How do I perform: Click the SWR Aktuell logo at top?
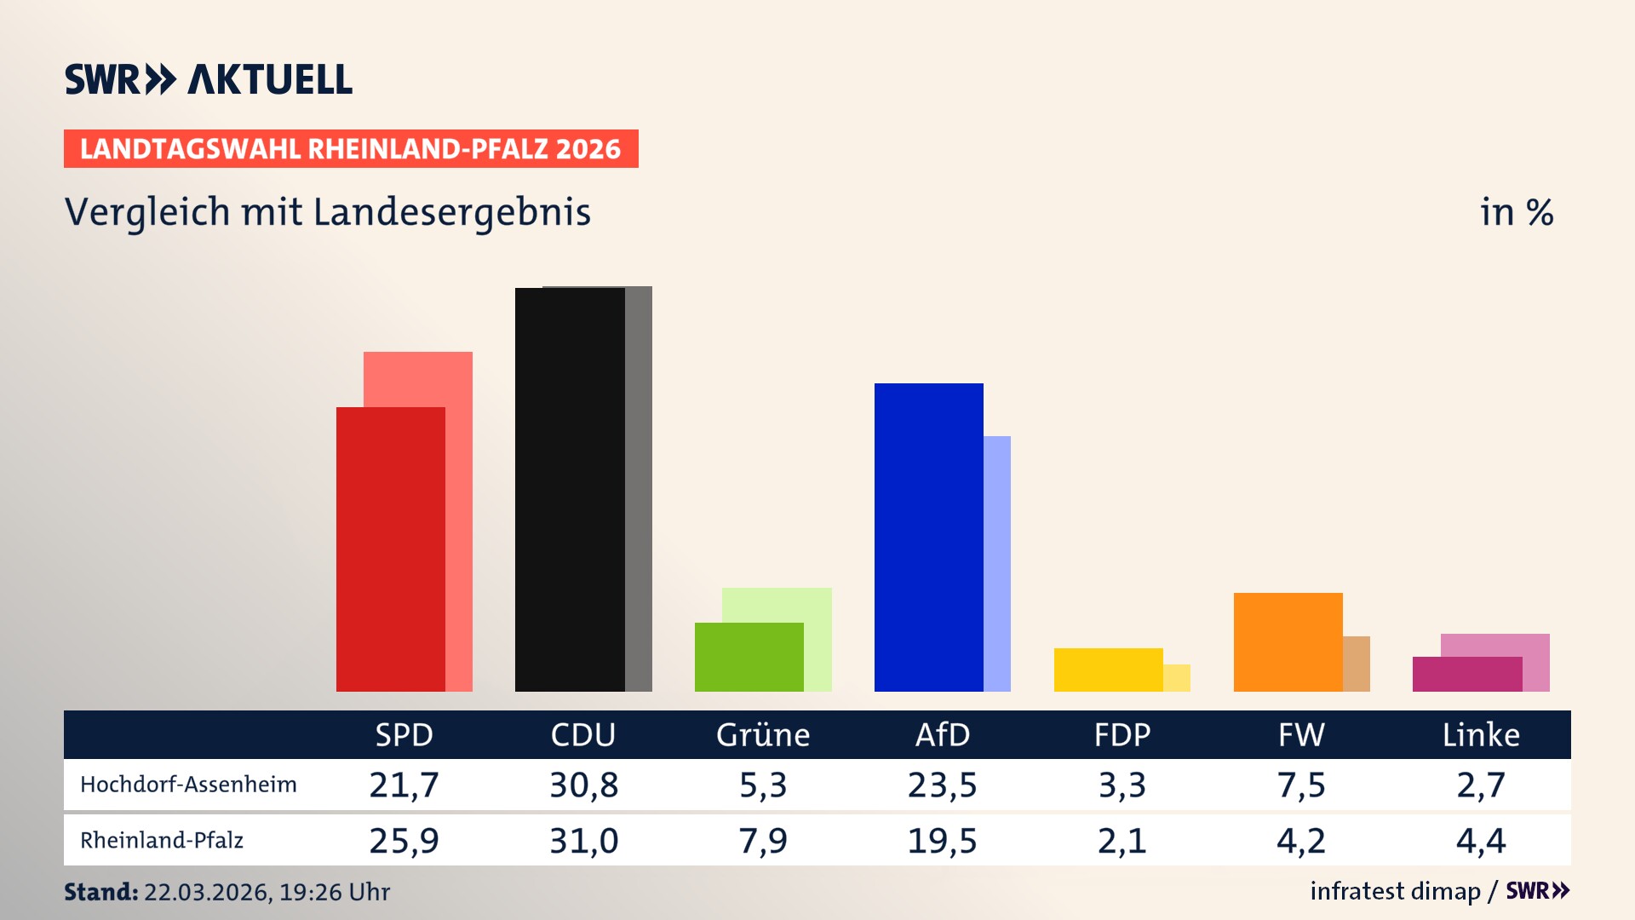[x=208, y=79]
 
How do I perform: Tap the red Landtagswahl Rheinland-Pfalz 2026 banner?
[x=350, y=149]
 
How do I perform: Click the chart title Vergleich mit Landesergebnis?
[x=327, y=212]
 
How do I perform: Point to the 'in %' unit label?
[x=1516, y=212]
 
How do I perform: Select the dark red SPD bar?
[x=390, y=549]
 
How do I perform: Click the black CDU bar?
[x=569, y=490]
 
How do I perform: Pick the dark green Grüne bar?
[x=749, y=657]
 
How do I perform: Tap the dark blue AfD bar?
[x=928, y=537]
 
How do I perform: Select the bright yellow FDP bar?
[x=1108, y=670]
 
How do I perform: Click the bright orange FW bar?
[x=1288, y=641]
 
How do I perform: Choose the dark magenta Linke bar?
[x=1466, y=674]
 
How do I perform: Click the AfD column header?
[x=942, y=734]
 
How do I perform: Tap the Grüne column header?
[x=762, y=734]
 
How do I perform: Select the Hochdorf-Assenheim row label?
[x=188, y=785]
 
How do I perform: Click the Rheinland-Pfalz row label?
[x=162, y=841]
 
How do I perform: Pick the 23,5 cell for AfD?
[x=942, y=785]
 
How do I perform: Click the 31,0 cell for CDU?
[x=583, y=841]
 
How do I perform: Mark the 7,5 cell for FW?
[x=1301, y=785]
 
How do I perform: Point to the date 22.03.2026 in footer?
[x=207, y=892]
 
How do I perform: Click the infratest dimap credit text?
[x=1395, y=891]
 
